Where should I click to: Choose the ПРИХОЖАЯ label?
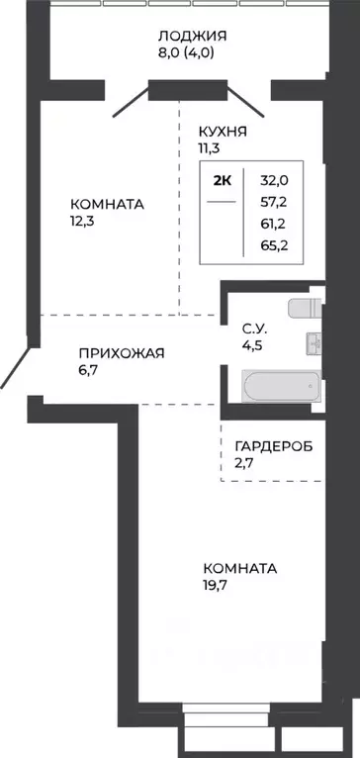pyautogui.click(x=122, y=351)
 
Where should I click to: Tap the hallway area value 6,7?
pyautogui.click(x=90, y=370)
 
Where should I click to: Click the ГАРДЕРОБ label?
pyautogui.click(x=273, y=446)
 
